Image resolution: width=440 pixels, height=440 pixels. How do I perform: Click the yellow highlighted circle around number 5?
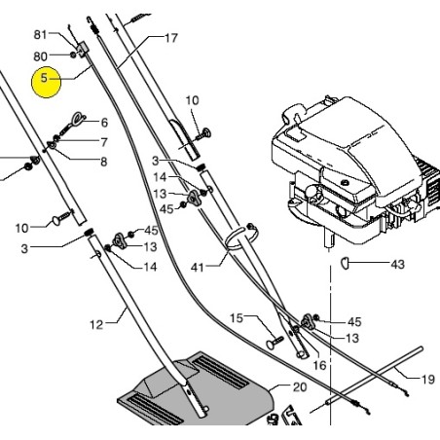click(46, 82)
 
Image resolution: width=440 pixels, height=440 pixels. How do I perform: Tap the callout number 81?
click(40, 34)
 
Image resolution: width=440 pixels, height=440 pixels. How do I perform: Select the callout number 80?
click(40, 56)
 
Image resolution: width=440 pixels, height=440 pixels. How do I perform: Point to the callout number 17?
click(171, 38)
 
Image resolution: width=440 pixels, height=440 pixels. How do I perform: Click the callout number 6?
click(104, 123)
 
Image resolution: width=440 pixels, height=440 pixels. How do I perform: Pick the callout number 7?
click(104, 142)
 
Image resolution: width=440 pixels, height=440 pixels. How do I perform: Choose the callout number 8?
click(104, 162)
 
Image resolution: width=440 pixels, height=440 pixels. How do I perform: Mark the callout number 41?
click(198, 268)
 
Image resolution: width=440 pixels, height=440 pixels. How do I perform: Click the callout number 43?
click(398, 264)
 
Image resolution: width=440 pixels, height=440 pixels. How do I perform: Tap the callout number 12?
click(96, 324)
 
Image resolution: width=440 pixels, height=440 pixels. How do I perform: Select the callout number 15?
click(237, 318)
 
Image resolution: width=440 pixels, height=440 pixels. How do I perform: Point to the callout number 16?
click(319, 365)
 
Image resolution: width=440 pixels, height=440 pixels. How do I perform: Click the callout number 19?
click(427, 379)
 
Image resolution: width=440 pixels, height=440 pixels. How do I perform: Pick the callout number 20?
click(300, 386)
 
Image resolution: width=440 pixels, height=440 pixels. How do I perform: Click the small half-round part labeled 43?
click(345, 263)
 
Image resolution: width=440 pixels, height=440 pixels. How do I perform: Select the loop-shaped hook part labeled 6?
click(74, 124)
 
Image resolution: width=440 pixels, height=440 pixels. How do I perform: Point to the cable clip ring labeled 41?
click(240, 238)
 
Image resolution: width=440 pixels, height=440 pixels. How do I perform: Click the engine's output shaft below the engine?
click(329, 239)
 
